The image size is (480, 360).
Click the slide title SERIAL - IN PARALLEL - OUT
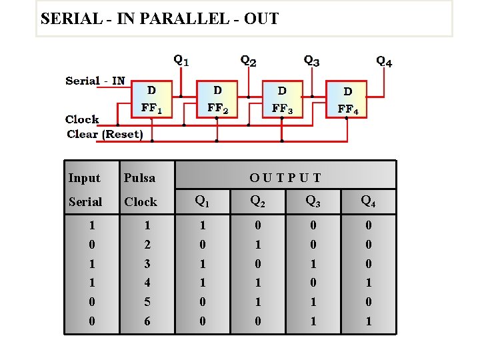[159, 19]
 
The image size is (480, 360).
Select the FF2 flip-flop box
[217, 99]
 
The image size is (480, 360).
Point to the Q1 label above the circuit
[181, 60]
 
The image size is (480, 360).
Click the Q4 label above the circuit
[384, 61]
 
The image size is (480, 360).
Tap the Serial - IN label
[95, 81]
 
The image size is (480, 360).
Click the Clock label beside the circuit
[82, 119]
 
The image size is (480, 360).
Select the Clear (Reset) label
[105, 134]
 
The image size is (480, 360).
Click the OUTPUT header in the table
[285, 178]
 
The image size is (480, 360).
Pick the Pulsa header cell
[139, 178]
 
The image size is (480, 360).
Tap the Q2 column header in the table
[257, 201]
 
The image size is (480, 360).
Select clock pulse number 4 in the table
[147, 283]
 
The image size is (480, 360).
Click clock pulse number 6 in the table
[147, 321]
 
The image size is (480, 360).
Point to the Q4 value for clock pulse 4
[367, 283]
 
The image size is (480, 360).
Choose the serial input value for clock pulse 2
[91, 245]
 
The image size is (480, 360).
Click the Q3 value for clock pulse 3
[312, 264]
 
